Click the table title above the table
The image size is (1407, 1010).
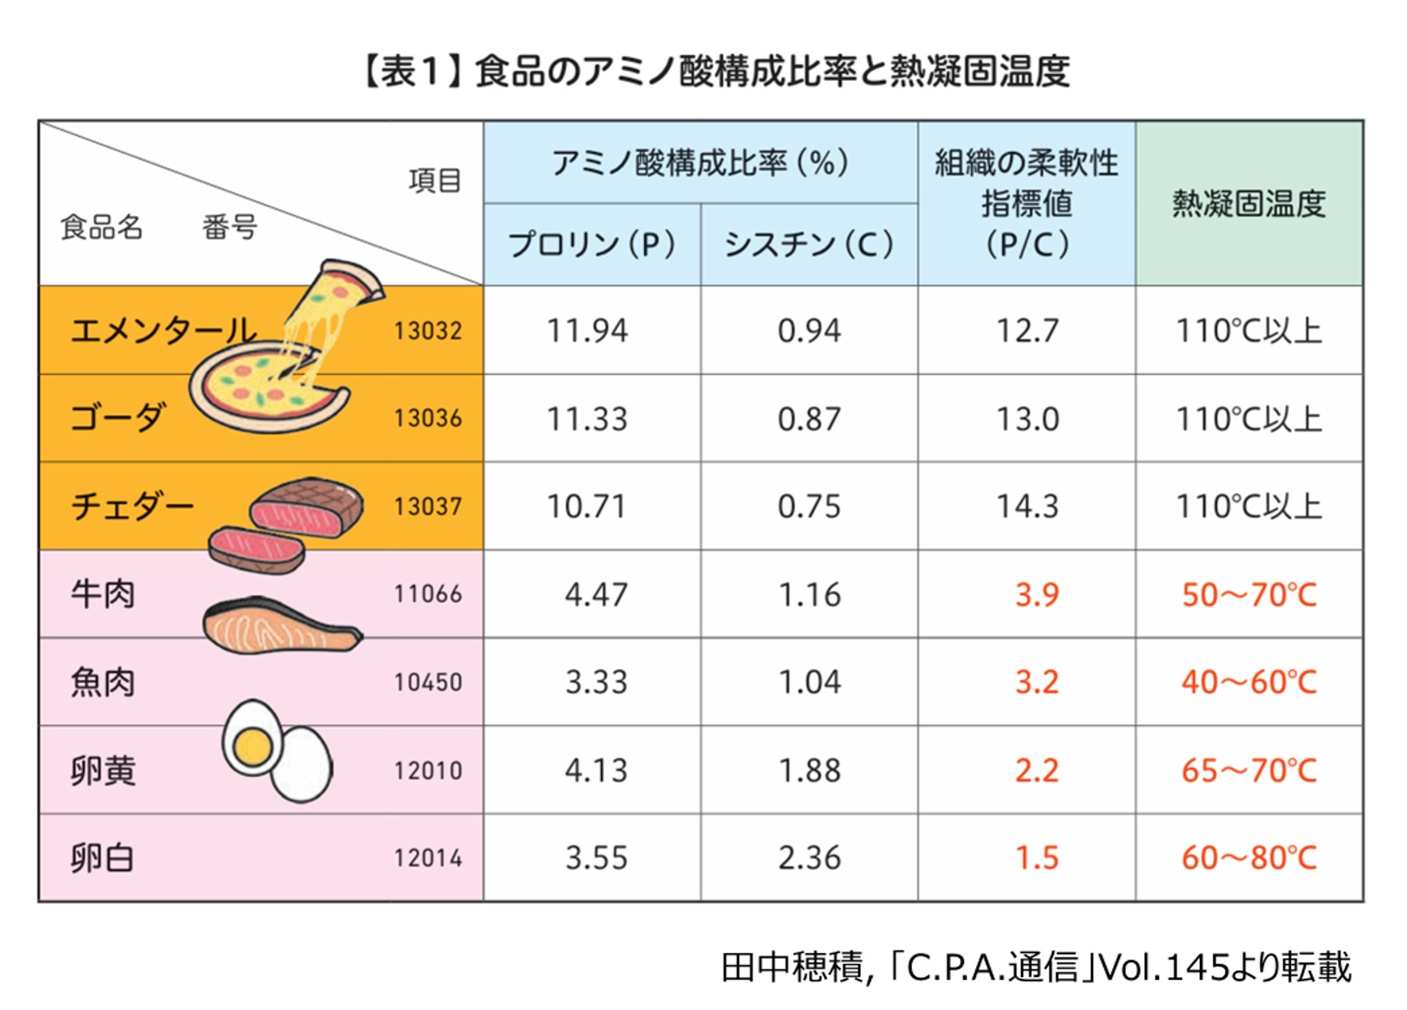coord(716,72)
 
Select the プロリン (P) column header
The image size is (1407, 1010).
coord(592,244)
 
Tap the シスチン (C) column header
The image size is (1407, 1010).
coord(809,244)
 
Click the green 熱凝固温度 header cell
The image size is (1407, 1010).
coord(1249,204)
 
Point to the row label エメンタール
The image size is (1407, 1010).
coord(163,331)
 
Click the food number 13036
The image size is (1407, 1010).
coord(428,418)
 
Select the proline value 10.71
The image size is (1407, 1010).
coord(587,506)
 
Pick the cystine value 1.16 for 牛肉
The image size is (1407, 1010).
coord(809,595)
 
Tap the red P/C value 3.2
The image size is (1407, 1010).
coord(1037,682)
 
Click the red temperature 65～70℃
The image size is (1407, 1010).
coord(1249,770)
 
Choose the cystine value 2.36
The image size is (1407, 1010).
coord(809,858)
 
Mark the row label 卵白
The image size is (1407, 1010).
coord(102,858)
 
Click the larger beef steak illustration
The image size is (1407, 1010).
coord(307,507)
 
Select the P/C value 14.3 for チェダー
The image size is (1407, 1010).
coord(1027,506)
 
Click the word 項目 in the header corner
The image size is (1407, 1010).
coord(435,181)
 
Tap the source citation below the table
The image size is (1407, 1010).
coord(1037,966)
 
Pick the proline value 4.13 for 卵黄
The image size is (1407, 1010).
coord(596,770)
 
